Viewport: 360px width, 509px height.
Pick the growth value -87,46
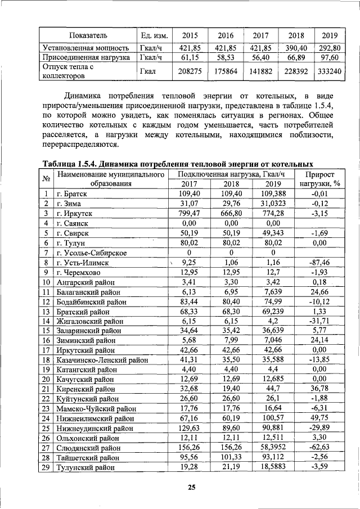tap(319, 262)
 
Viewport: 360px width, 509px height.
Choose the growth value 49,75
tap(319, 418)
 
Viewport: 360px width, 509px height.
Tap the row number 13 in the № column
tap(46, 311)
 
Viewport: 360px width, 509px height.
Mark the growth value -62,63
tap(319, 448)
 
